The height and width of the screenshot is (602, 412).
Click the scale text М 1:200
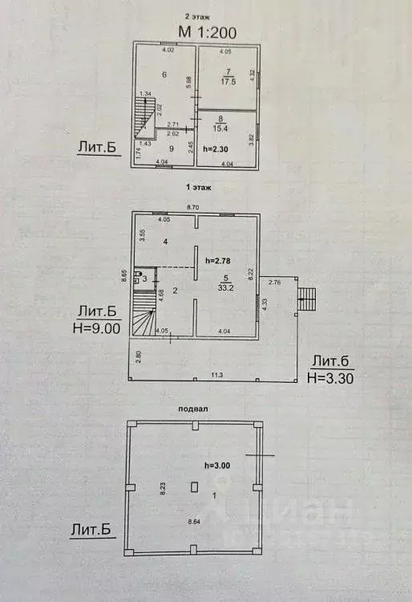(x=207, y=32)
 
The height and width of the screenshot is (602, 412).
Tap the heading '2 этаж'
(x=197, y=15)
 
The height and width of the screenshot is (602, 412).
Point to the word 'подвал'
(x=194, y=408)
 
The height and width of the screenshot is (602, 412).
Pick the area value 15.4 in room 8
(x=228, y=128)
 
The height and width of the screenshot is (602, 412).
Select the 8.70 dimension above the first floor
(x=193, y=208)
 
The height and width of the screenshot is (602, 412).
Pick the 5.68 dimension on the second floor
(x=189, y=80)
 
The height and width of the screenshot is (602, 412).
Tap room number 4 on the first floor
(x=164, y=241)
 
